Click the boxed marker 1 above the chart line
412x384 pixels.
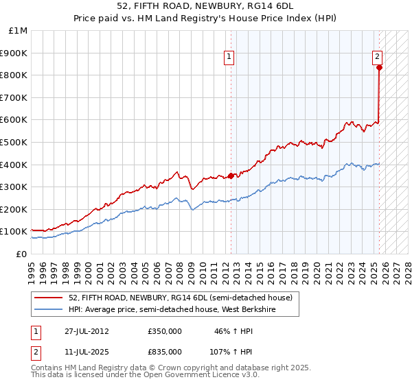[229, 58]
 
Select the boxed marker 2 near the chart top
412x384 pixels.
[378, 58]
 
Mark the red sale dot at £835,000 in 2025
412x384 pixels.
[379, 67]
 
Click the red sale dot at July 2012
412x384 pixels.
[231, 176]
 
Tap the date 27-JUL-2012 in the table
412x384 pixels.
[86, 331]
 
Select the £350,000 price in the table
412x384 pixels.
[165, 331]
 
